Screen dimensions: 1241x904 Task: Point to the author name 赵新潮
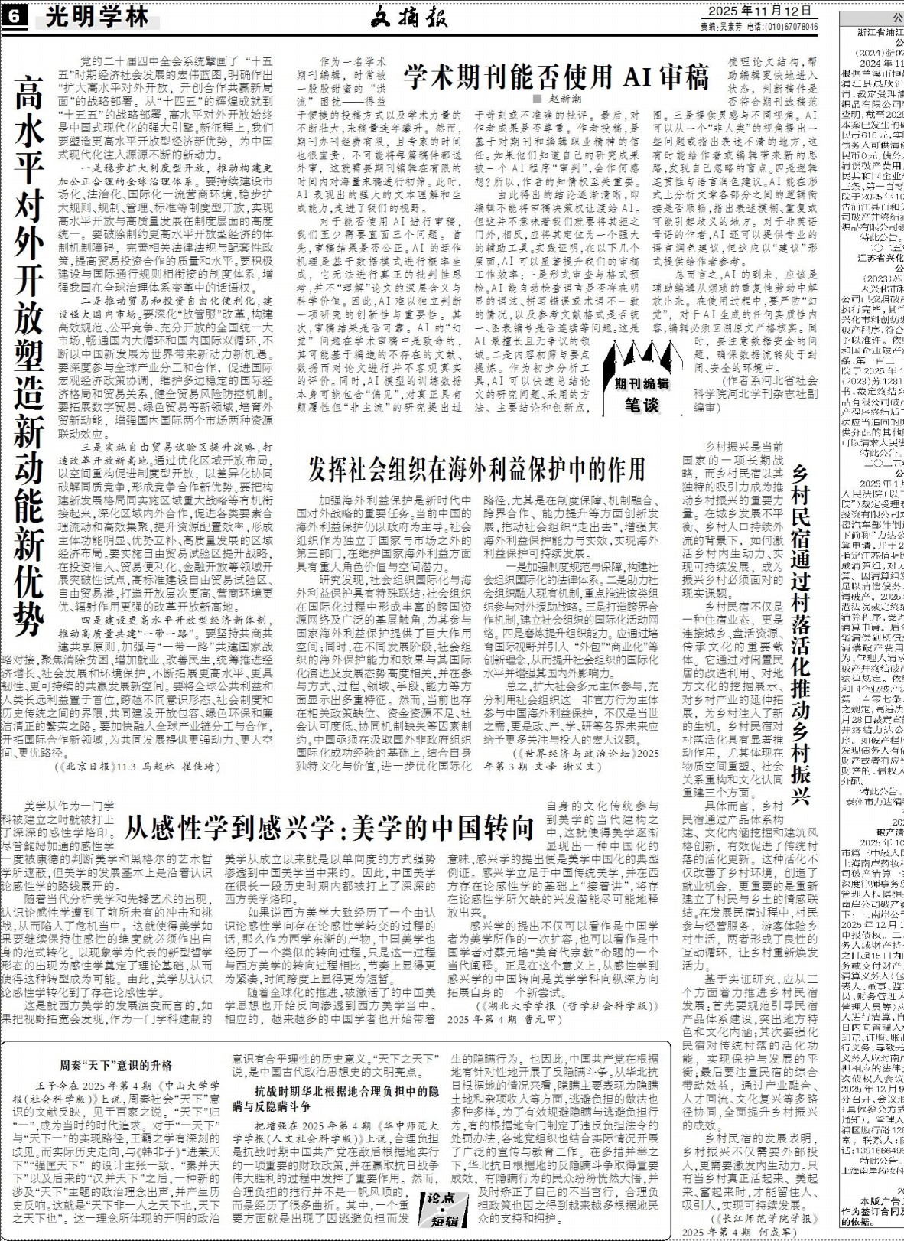561,99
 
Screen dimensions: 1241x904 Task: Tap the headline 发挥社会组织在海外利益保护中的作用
476,468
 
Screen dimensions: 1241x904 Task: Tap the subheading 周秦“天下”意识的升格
116,1065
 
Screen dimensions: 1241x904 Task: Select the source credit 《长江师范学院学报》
765,1213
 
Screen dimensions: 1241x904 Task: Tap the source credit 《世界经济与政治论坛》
574,752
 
